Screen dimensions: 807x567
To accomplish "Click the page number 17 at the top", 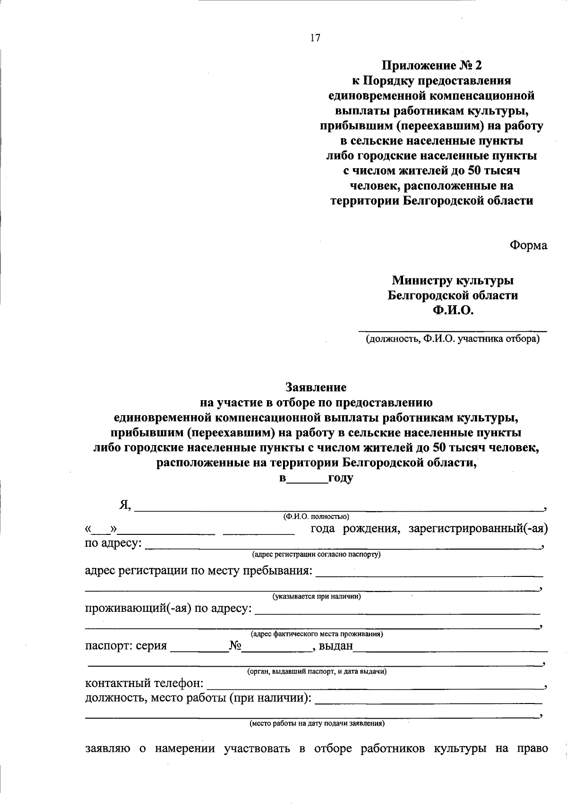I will tap(315, 38).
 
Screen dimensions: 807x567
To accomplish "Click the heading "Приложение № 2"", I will tap(431, 65).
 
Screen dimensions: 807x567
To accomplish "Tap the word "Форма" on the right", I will tap(528, 246).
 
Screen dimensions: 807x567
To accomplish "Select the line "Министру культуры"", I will tap(453, 281).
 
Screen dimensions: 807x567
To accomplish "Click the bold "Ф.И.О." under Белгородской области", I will tap(452, 310).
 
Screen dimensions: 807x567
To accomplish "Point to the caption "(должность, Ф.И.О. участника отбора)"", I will tap(452, 339).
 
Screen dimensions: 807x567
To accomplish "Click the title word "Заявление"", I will tap(316, 387).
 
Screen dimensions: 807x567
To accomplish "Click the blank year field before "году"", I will tap(308, 479).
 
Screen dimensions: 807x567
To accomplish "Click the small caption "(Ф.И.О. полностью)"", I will tap(316, 516).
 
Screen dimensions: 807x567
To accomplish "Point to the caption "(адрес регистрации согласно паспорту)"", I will tap(316, 554).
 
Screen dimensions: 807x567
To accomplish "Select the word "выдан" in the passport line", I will tap(336, 646).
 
